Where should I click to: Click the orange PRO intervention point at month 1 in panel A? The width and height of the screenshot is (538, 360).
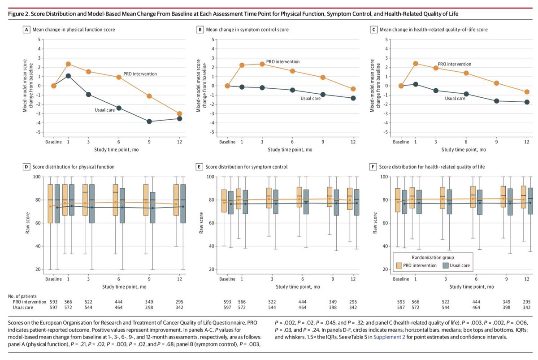(68, 64)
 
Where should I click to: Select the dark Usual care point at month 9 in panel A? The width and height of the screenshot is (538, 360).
(149, 121)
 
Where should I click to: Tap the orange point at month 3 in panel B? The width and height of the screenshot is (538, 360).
(262, 64)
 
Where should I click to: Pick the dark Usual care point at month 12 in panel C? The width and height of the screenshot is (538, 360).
(527, 102)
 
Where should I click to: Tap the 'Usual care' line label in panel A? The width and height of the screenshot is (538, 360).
(106, 109)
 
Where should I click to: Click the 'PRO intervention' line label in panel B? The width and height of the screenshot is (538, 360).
(282, 61)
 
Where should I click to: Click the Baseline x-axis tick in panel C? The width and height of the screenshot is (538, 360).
(401, 142)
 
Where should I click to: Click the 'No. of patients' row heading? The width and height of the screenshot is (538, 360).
(26, 296)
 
